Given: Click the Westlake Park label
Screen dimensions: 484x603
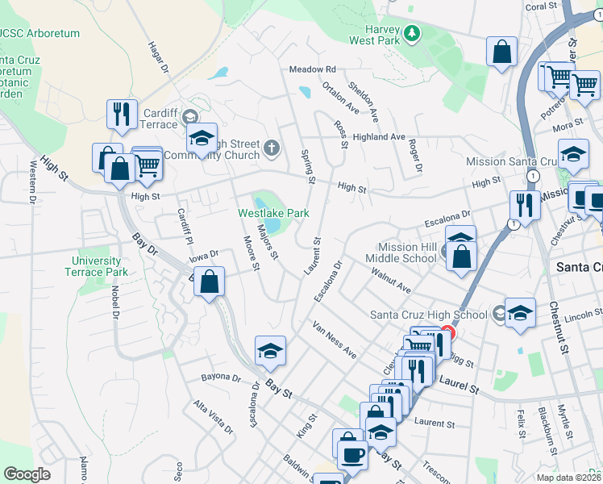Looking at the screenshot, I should click(273, 214).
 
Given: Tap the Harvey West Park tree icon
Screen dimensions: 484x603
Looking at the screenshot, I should click(413, 33).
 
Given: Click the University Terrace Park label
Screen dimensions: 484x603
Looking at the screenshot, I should click(96, 266).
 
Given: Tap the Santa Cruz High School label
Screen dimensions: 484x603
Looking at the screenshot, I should click(428, 315).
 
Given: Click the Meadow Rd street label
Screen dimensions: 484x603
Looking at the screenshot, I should click(312, 70).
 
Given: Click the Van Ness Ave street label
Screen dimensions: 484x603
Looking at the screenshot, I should click(335, 340).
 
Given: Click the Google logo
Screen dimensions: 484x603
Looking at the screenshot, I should click(27, 474).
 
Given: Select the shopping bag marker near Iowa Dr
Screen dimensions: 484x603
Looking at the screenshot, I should click(209, 282).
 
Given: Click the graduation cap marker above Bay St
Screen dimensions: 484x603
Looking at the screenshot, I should click(270, 350).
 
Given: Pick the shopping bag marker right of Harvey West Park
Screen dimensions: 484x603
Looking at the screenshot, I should click(501, 52).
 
